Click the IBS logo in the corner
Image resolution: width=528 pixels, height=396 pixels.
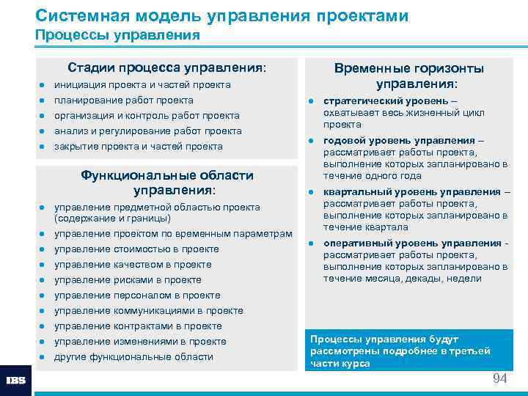15,381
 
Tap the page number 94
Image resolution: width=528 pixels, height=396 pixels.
499,378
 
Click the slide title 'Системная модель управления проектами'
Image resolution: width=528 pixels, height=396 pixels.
221,15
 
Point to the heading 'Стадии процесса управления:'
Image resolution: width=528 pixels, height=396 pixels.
166,67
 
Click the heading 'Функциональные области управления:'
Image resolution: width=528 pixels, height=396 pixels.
166,183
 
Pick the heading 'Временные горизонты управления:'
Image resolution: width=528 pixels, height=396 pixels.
408,76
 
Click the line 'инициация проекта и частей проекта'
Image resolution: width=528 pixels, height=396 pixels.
142,85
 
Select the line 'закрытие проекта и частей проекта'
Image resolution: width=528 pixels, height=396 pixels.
138,147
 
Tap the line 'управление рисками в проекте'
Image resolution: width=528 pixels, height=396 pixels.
128,280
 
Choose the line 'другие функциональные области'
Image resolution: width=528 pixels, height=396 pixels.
133,357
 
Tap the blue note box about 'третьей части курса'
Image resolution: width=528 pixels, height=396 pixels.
408,351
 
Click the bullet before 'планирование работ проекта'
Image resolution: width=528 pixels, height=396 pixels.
43,100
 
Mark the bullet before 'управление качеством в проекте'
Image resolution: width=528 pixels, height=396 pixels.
43,265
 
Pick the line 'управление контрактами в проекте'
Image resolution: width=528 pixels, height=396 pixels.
138,326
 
